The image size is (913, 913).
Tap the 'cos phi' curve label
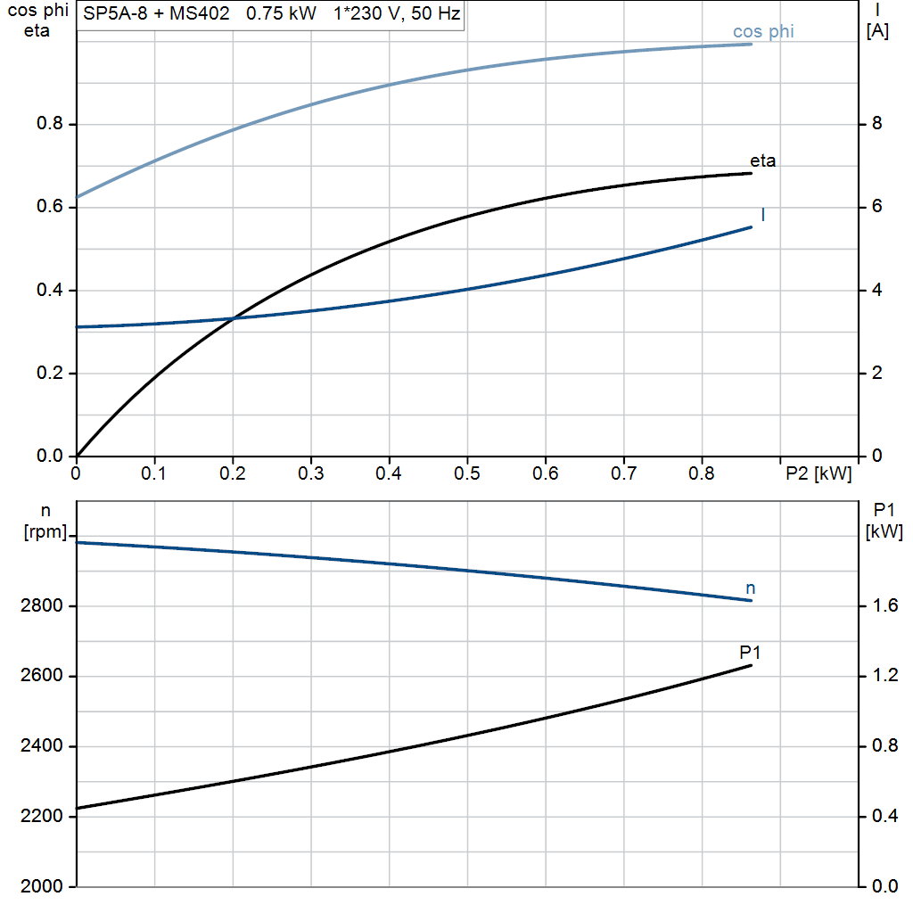(x=763, y=32)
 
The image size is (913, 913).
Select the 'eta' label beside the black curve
(x=762, y=161)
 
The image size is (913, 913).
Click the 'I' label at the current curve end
(x=763, y=215)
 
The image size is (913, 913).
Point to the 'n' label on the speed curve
(x=750, y=588)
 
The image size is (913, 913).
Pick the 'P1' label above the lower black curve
(x=750, y=654)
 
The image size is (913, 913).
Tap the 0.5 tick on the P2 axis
(x=466, y=472)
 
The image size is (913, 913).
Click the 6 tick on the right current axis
(x=876, y=207)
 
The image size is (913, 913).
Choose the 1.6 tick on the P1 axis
(x=883, y=606)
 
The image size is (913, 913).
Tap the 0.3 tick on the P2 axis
(x=310, y=472)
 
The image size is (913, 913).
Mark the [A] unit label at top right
(x=877, y=31)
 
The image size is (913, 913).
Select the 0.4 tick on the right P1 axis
(x=883, y=817)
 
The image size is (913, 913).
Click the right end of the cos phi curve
(x=752, y=44)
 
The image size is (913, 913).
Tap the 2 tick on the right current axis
(x=876, y=374)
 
